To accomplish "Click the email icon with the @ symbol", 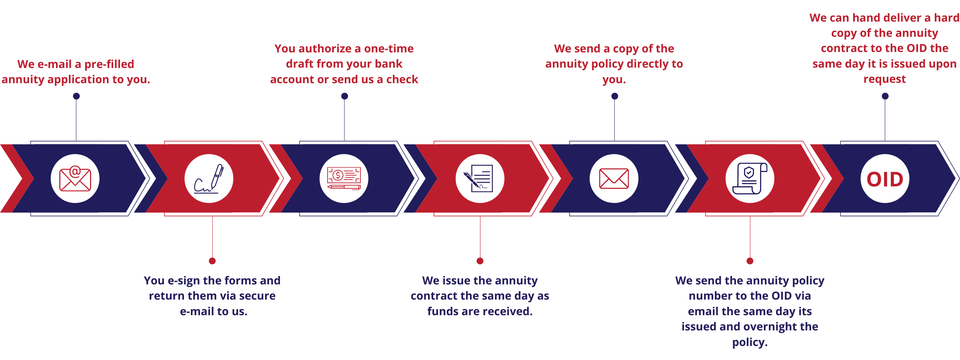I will coord(75,178).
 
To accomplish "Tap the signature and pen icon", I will coord(209,178).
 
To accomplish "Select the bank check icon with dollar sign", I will coord(344,178).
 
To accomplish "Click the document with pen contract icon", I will coord(480,178).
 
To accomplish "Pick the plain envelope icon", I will coord(614,178).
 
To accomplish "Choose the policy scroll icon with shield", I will coord(750,178).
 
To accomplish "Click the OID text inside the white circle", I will coord(885,179).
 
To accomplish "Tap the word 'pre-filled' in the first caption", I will coord(109,64).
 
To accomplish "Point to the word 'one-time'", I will coord(389,49).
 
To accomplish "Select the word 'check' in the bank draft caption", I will coord(402,80).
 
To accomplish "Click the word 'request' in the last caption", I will coord(884,80).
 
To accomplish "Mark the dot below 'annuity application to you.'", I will coord(76,96).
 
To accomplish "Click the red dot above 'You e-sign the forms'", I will coord(212,261).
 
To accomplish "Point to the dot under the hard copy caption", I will coord(885,96).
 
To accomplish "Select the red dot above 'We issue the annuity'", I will coord(480,261).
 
